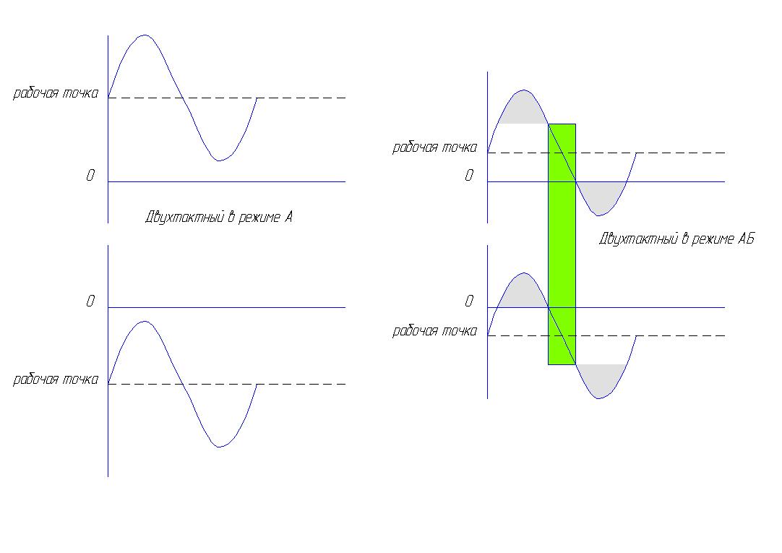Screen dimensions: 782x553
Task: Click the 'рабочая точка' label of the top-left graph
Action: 56,93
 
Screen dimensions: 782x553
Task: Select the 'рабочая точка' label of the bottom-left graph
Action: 56,380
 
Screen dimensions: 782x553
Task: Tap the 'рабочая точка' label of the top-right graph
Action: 434,147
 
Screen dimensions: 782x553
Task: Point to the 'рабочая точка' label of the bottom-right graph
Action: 434,331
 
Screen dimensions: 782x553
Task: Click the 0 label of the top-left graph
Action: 90,176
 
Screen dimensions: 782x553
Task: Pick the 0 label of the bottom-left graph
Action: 90,301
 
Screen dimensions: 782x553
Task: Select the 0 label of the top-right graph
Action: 469,176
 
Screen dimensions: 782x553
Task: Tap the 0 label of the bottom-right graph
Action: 469,301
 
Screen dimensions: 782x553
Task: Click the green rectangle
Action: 562,244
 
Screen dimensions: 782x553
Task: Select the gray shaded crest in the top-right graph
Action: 523,108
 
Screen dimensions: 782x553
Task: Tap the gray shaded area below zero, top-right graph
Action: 601,197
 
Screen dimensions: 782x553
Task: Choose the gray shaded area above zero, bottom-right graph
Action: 523,292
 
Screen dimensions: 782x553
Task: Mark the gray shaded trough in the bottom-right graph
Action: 601,380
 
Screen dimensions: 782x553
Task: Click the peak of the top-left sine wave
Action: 145,35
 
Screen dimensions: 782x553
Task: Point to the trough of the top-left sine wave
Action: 219,160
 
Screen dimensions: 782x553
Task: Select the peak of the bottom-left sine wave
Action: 145,322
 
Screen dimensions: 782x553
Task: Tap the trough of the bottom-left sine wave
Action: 219,447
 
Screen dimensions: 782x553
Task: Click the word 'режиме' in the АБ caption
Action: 712,239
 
